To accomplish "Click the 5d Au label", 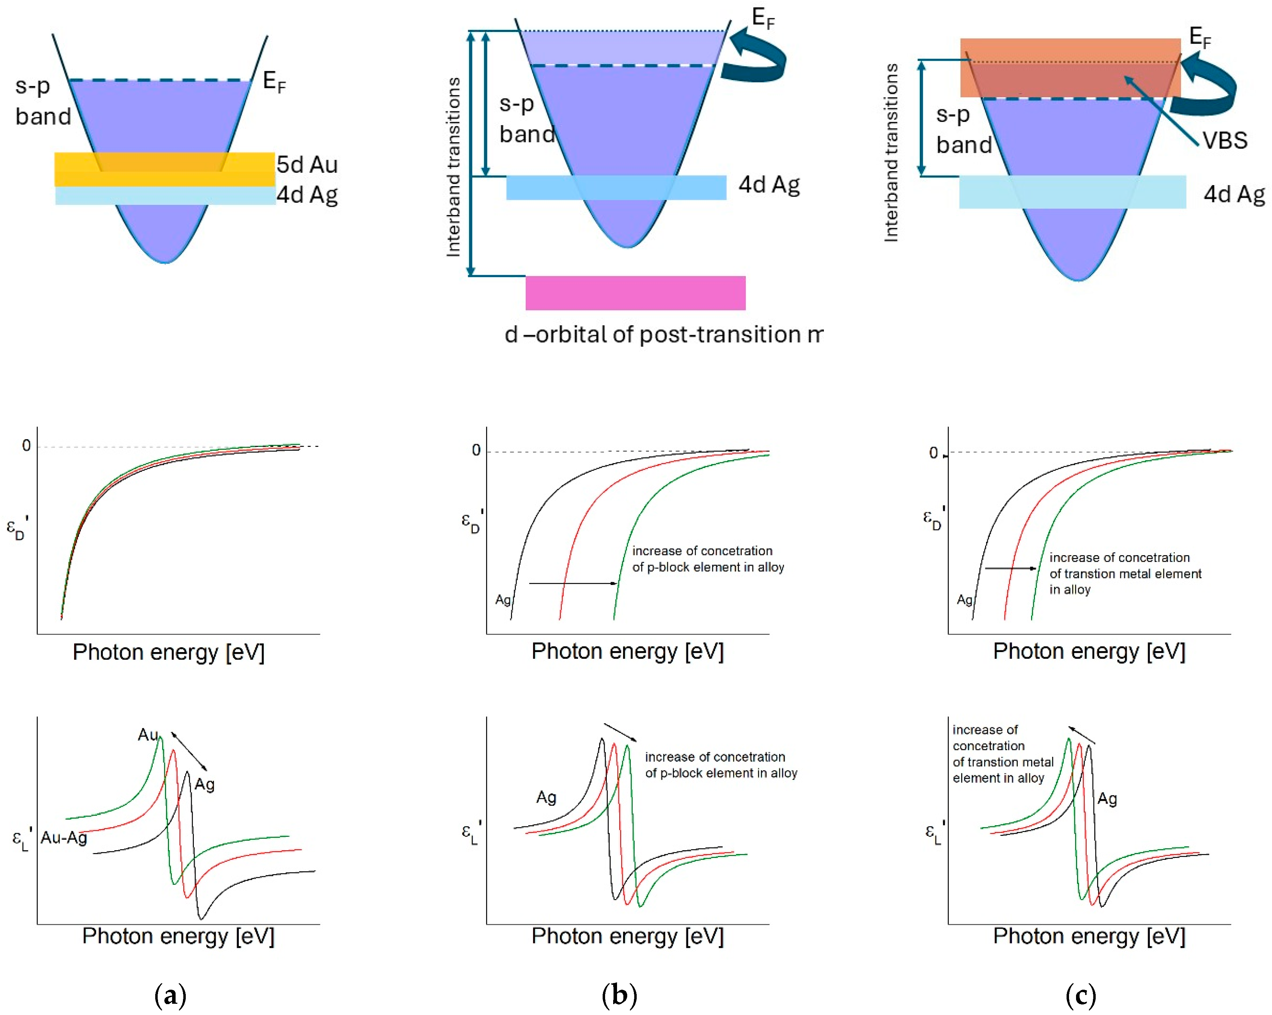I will pos(307,165).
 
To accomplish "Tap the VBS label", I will pos(1225,141).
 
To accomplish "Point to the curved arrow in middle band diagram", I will pos(758,59).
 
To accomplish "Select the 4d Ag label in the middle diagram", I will pos(769,185).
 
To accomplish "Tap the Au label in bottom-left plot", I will pos(147,735).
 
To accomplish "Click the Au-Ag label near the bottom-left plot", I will pos(64,837).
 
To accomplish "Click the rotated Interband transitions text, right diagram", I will pos(891,152).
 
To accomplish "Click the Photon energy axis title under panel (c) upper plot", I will pos(1089,651).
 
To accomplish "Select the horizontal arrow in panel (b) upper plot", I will pos(572,583).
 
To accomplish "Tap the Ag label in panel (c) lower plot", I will pos(1107,799).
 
